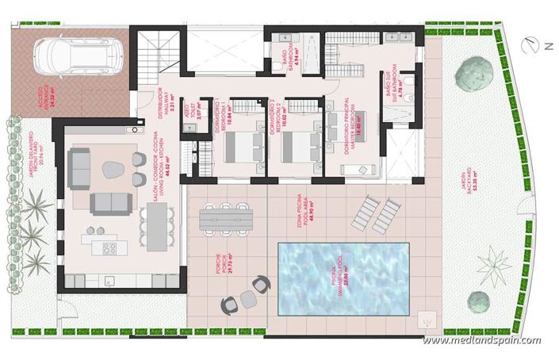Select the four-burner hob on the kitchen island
pyautogui.click(x=109, y=247)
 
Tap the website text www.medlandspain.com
pyautogui.click(x=481, y=341)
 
